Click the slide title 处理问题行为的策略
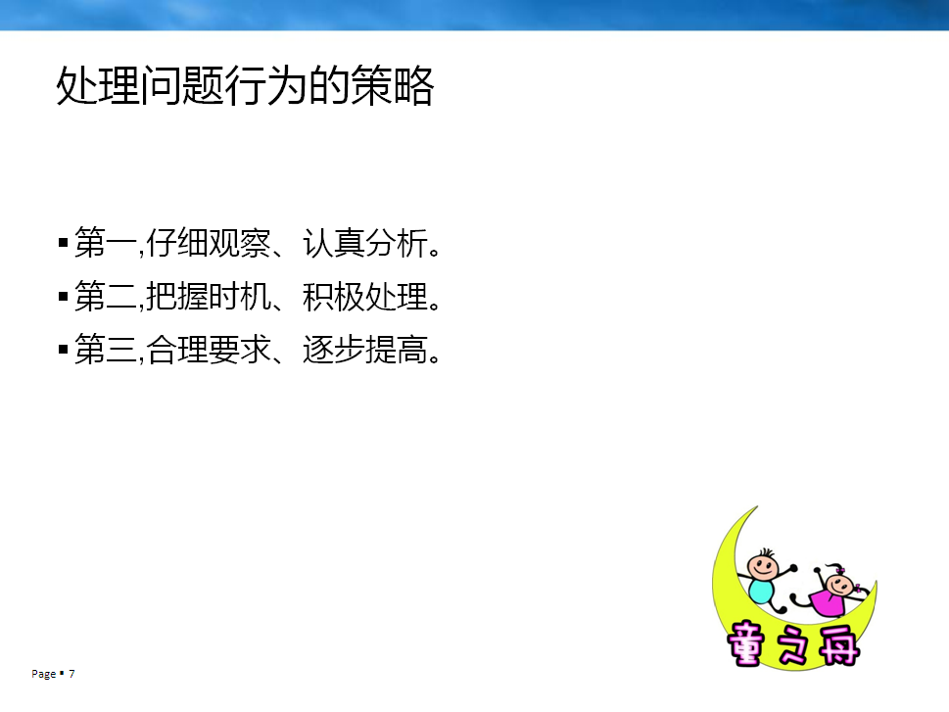pos(245,85)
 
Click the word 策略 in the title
pos(393,85)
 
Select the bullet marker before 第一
pos(63,243)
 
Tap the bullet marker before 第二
pos(63,296)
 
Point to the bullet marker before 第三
pos(63,350)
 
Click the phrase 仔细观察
pos(209,243)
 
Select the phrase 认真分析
pos(365,243)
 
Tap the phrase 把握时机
pos(209,296)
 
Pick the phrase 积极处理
pos(365,296)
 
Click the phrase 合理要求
pos(209,350)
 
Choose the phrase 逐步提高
pos(365,350)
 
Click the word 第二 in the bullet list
pos(106,296)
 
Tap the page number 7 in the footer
pos(71,673)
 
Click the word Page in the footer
pos(43,674)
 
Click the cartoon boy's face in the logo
pos(762,567)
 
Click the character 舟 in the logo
pos(839,644)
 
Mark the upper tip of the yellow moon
pos(757,506)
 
